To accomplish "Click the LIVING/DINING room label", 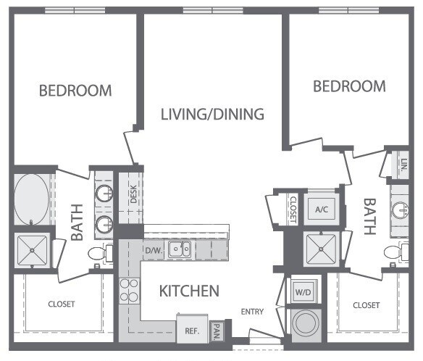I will [x=211, y=114].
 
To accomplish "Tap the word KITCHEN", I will [x=188, y=291].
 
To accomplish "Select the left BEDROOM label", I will [x=75, y=91].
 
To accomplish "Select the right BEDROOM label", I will [x=349, y=86].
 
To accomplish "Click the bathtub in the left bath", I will [x=30, y=198].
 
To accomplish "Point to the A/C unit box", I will [x=322, y=208].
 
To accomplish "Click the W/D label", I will [x=301, y=292].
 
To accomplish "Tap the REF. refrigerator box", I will [x=191, y=330].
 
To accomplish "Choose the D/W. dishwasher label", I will [x=153, y=251].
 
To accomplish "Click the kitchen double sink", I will [x=179, y=250].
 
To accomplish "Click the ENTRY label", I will [x=252, y=312].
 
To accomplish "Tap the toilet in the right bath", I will [x=395, y=253].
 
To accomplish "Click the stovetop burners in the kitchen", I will [x=129, y=290].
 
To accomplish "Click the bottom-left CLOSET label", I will [x=62, y=305].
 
